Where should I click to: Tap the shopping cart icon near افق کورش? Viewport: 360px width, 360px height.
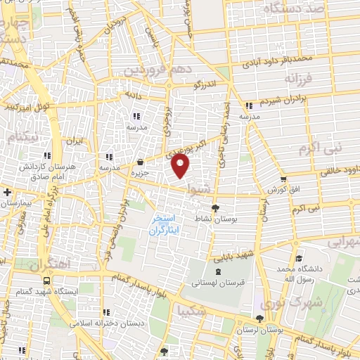click(283, 180)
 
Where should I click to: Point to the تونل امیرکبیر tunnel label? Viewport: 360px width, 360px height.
click(26, 108)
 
